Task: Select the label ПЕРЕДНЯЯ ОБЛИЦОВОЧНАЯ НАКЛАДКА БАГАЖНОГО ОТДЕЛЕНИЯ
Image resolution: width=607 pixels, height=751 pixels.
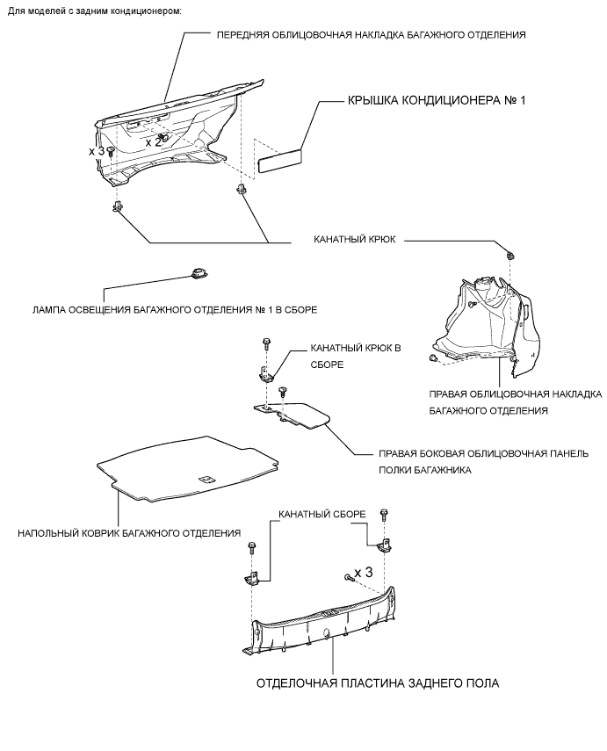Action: click(371, 35)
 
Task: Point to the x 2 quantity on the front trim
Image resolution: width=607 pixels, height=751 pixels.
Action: click(153, 141)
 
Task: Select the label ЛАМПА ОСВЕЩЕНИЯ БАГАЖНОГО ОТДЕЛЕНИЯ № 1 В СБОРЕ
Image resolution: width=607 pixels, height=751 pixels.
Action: click(173, 309)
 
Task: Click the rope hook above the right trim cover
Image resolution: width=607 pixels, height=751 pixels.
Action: click(510, 254)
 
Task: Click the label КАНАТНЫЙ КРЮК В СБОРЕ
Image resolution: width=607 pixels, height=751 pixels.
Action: click(350, 356)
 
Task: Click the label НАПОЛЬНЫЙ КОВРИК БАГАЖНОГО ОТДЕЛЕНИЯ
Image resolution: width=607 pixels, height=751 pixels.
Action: click(129, 532)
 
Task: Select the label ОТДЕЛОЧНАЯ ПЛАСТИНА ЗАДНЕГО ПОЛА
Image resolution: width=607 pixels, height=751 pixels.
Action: click(379, 683)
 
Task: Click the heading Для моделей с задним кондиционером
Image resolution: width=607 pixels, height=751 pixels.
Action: click(95, 11)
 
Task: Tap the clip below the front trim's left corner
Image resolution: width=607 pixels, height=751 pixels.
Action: click(116, 207)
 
